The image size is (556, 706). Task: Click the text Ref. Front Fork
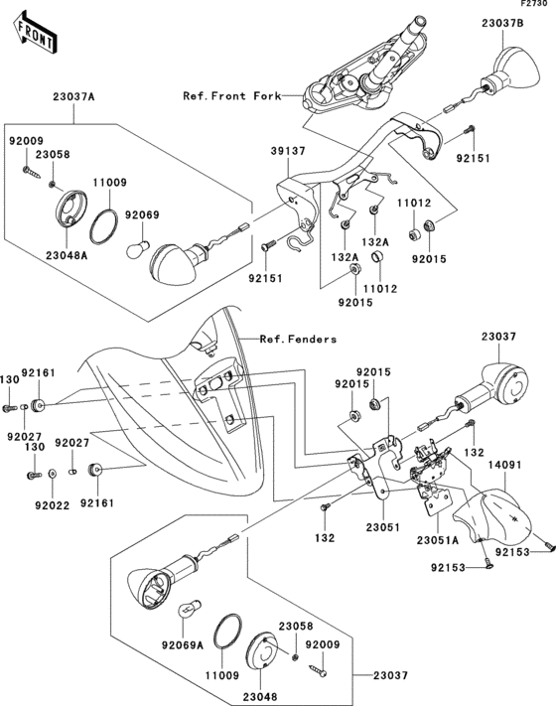pyautogui.click(x=230, y=96)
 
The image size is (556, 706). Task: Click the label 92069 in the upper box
pyautogui.click(x=142, y=214)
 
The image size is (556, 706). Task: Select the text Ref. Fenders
pyautogui.click(x=298, y=339)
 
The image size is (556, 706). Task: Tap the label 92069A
pyautogui.click(x=184, y=643)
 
